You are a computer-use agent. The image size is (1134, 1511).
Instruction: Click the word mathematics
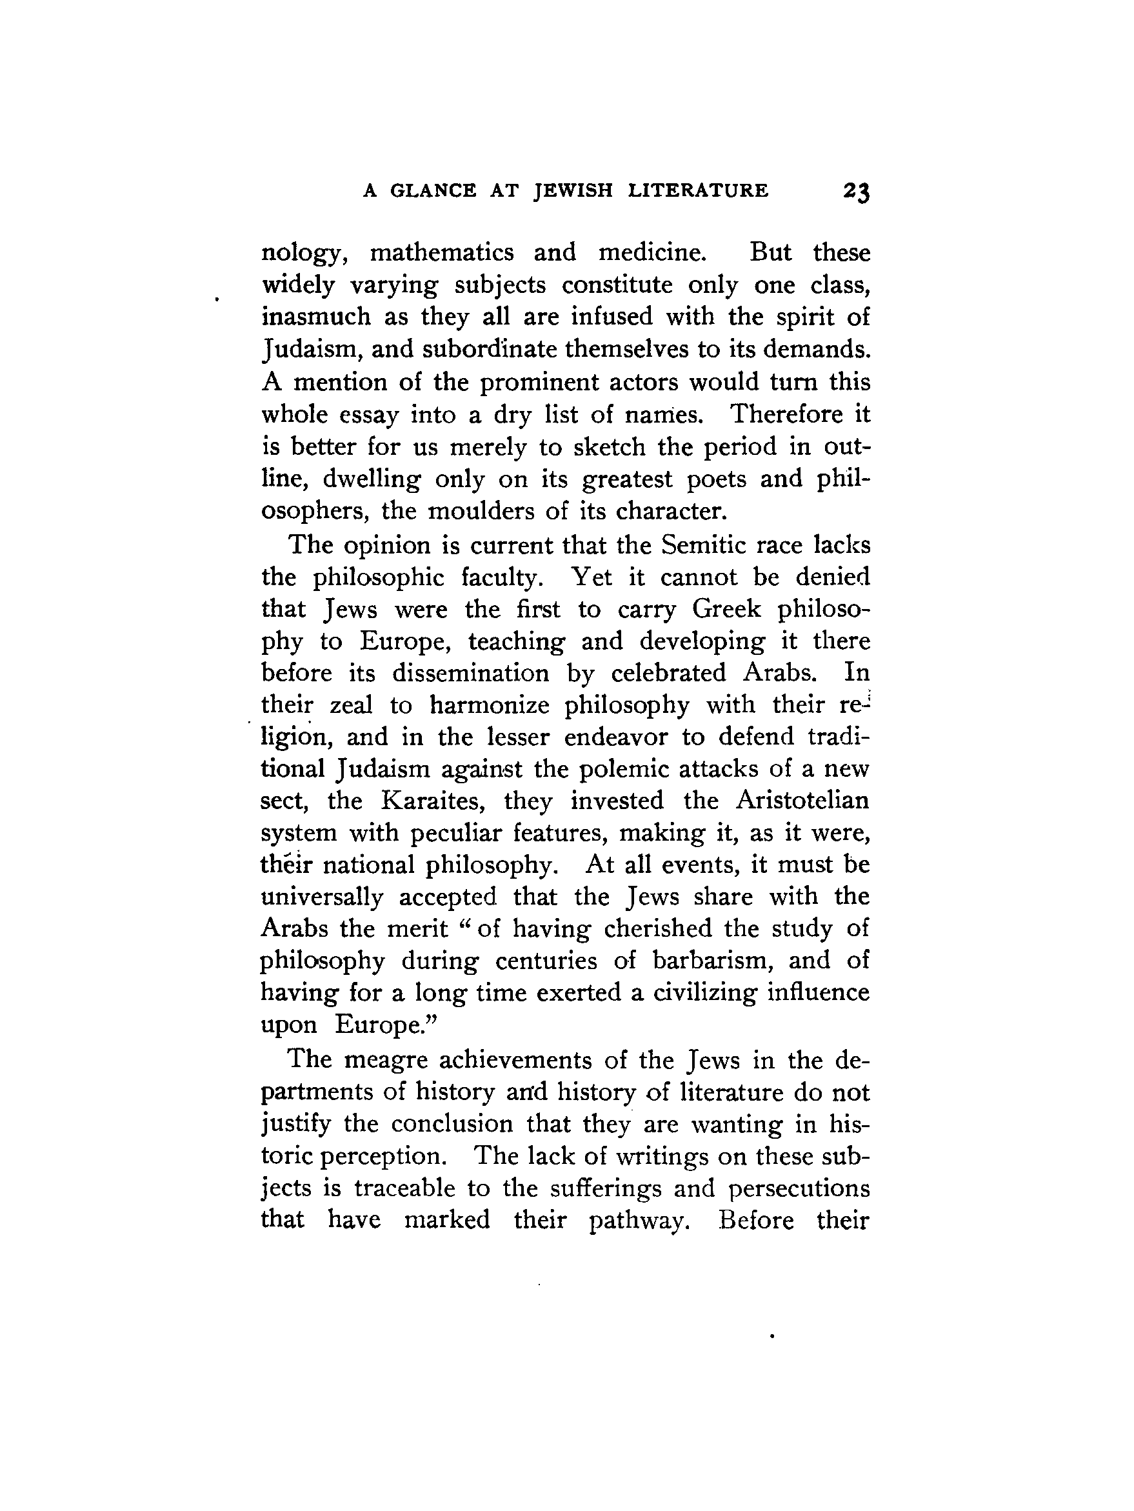[441, 253]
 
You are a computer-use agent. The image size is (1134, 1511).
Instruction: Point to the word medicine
[652, 253]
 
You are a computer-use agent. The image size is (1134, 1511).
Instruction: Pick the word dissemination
[470, 673]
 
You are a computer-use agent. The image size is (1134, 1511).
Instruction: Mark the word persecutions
[799, 1188]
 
